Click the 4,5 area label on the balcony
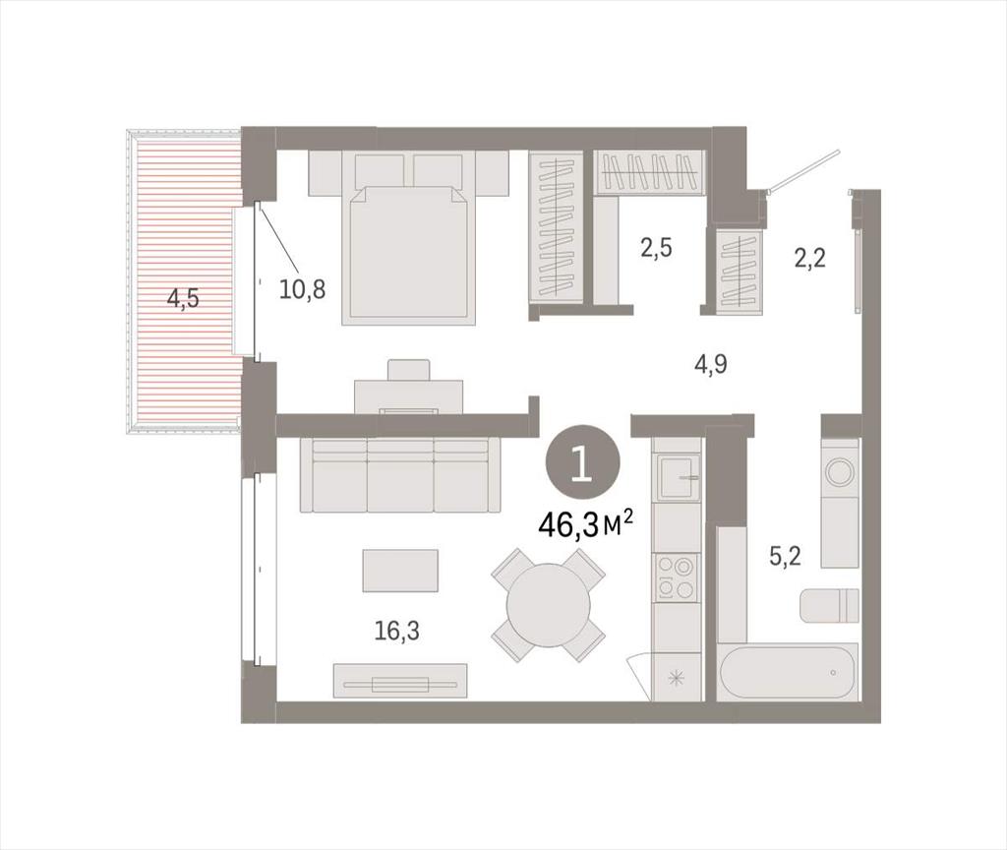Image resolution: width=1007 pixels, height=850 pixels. [x=183, y=299]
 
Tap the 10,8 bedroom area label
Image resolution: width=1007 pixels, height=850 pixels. [x=303, y=290]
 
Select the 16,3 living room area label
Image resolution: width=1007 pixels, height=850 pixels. [x=397, y=631]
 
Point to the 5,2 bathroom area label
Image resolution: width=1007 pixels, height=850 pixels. [x=786, y=556]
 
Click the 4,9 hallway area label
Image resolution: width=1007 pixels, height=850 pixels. [x=710, y=365]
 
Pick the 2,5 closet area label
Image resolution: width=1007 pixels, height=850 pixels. [x=656, y=247]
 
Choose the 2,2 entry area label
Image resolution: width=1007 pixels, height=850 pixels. [x=810, y=259]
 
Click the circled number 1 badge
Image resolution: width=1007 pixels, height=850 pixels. [x=582, y=464]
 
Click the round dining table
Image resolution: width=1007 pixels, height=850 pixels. [x=548, y=605]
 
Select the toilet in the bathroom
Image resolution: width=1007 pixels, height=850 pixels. [x=829, y=605]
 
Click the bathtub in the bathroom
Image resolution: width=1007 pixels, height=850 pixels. [x=789, y=672]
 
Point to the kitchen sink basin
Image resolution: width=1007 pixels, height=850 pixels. [x=677, y=477]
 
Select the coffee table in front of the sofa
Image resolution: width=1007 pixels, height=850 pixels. [x=400, y=571]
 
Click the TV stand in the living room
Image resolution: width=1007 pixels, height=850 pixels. [x=400, y=681]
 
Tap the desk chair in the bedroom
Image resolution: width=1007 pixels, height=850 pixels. [x=408, y=370]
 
